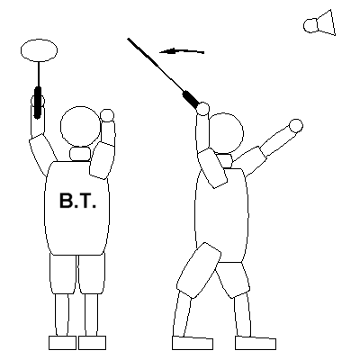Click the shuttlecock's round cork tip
pyautogui.click(x=310, y=25)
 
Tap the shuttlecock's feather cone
pyautogui.click(x=327, y=22)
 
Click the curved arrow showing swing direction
pyautogui.click(x=182, y=51)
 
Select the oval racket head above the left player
pyautogui.click(x=39, y=50)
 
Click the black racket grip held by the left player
pyautogui.click(x=38, y=103)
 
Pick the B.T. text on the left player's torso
pyautogui.click(x=77, y=201)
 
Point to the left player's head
pyautogui.click(x=80, y=126)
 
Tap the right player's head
pyautogui.click(x=224, y=134)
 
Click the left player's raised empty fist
pyautogui.click(x=107, y=115)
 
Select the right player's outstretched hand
pyautogui.click(x=296, y=126)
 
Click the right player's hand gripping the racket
pyautogui.click(x=203, y=109)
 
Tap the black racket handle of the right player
pyautogui.click(x=191, y=99)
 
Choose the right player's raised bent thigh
pyautogui.click(x=199, y=270)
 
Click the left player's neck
pyautogui.click(x=80, y=154)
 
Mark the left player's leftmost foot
pyautogui.click(x=62, y=343)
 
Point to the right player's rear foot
pyautogui.click(x=256, y=343)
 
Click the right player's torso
pyautogui.click(x=221, y=215)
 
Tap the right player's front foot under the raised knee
pyautogui.click(x=193, y=343)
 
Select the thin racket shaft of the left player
pyautogui.click(x=39, y=75)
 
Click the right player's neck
pyautogui.click(x=224, y=161)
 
